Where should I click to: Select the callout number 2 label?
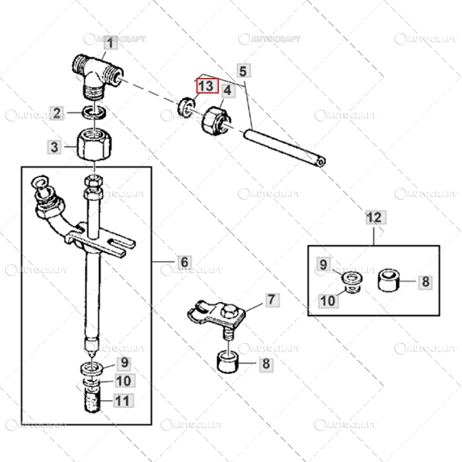click(x=57, y=113)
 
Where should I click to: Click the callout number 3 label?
click(x=54, y=147)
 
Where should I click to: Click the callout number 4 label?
click(x=228, y=91)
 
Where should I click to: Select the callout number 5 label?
click(x=243, y=72)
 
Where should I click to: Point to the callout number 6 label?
click(x=184, y=262)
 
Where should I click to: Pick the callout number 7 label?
click(x=271, y=300)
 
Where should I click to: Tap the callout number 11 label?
click(x=124, y=400)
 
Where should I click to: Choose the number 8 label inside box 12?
click(x=425, y=282)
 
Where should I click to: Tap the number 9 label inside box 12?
click(x=323, y=264)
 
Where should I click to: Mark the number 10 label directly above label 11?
click(x=124, y=381)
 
